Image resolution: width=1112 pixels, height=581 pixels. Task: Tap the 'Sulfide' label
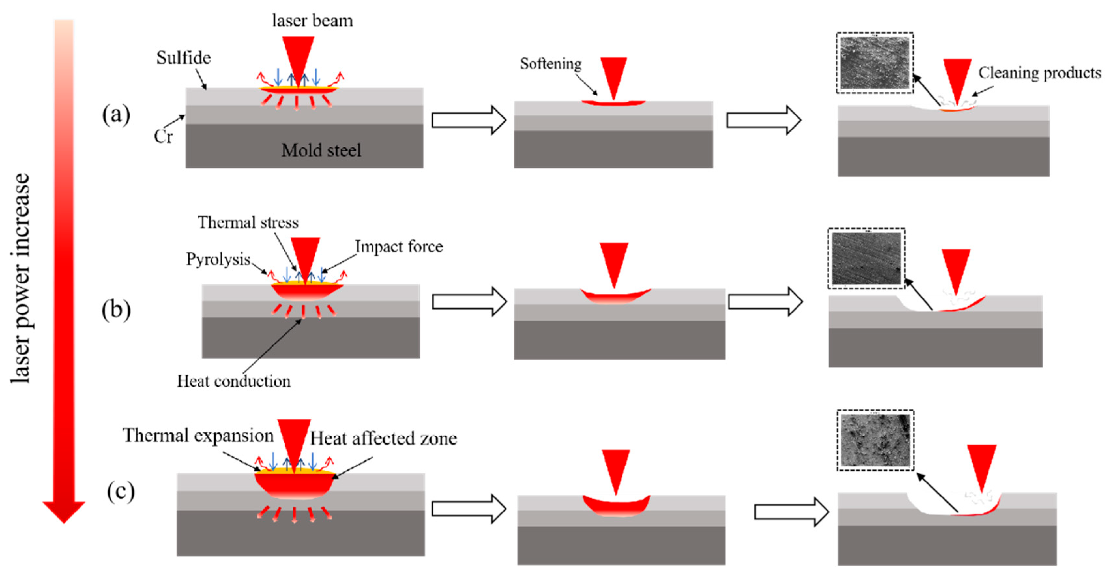tap(183, 58)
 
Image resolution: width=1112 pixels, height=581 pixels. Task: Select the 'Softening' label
tap(550, 64)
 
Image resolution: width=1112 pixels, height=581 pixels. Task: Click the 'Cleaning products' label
tap(1039, 72)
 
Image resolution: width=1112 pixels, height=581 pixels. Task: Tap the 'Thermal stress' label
tap(248, 222)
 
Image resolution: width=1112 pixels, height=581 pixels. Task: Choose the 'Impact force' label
tap(399, 247)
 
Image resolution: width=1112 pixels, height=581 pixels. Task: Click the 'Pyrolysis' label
tap(218, 259)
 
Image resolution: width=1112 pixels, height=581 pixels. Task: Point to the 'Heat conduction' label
tap(234, 381)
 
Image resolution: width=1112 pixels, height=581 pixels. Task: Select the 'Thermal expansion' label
tap(198, 436)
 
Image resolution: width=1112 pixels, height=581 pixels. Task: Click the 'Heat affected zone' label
tap(383, 438)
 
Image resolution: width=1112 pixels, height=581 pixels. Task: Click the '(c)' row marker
tap(121, 492)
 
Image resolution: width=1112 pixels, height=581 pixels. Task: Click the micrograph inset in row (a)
tap(875, 63)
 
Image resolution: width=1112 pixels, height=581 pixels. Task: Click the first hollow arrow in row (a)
tap(468, 120)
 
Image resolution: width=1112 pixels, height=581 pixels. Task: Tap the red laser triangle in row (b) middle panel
tap(614, 261)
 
